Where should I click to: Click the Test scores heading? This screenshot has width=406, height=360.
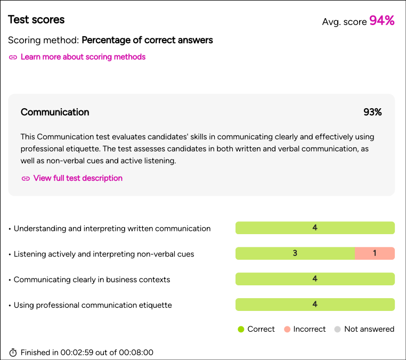click(36, 20)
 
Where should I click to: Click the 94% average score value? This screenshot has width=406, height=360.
click(381, 21)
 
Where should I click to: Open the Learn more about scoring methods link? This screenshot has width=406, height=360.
click(83, 57)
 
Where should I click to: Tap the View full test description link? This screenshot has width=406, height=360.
click(78, 178)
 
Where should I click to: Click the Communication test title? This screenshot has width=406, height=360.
click(55, 112)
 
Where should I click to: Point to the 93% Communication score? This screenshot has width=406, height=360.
click(372, 112)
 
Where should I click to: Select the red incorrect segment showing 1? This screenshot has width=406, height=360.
click(375, 253)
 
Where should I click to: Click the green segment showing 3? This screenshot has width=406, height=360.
click(295, 253)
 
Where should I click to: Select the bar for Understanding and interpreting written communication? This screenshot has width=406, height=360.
click(315, 228)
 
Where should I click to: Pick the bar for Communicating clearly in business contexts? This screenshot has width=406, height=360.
click(315, 279)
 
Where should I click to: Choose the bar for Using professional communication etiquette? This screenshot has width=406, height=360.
click(315, 305)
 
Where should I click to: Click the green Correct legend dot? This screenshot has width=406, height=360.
click(241, 329)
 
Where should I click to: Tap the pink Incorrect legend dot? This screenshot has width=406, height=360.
click(287, 329)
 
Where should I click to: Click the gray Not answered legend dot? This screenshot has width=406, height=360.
click(337, 329)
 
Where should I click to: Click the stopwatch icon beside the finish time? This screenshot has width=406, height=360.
click(13, 353)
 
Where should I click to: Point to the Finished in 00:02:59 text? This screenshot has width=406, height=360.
click(87, 353)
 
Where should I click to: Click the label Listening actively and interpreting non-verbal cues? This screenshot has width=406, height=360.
click(104, 254)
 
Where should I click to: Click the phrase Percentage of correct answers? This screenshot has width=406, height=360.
click(147, 40)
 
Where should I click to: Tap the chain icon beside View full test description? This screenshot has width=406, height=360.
click(26, 179)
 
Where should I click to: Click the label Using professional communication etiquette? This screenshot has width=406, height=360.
click(93, 305)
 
